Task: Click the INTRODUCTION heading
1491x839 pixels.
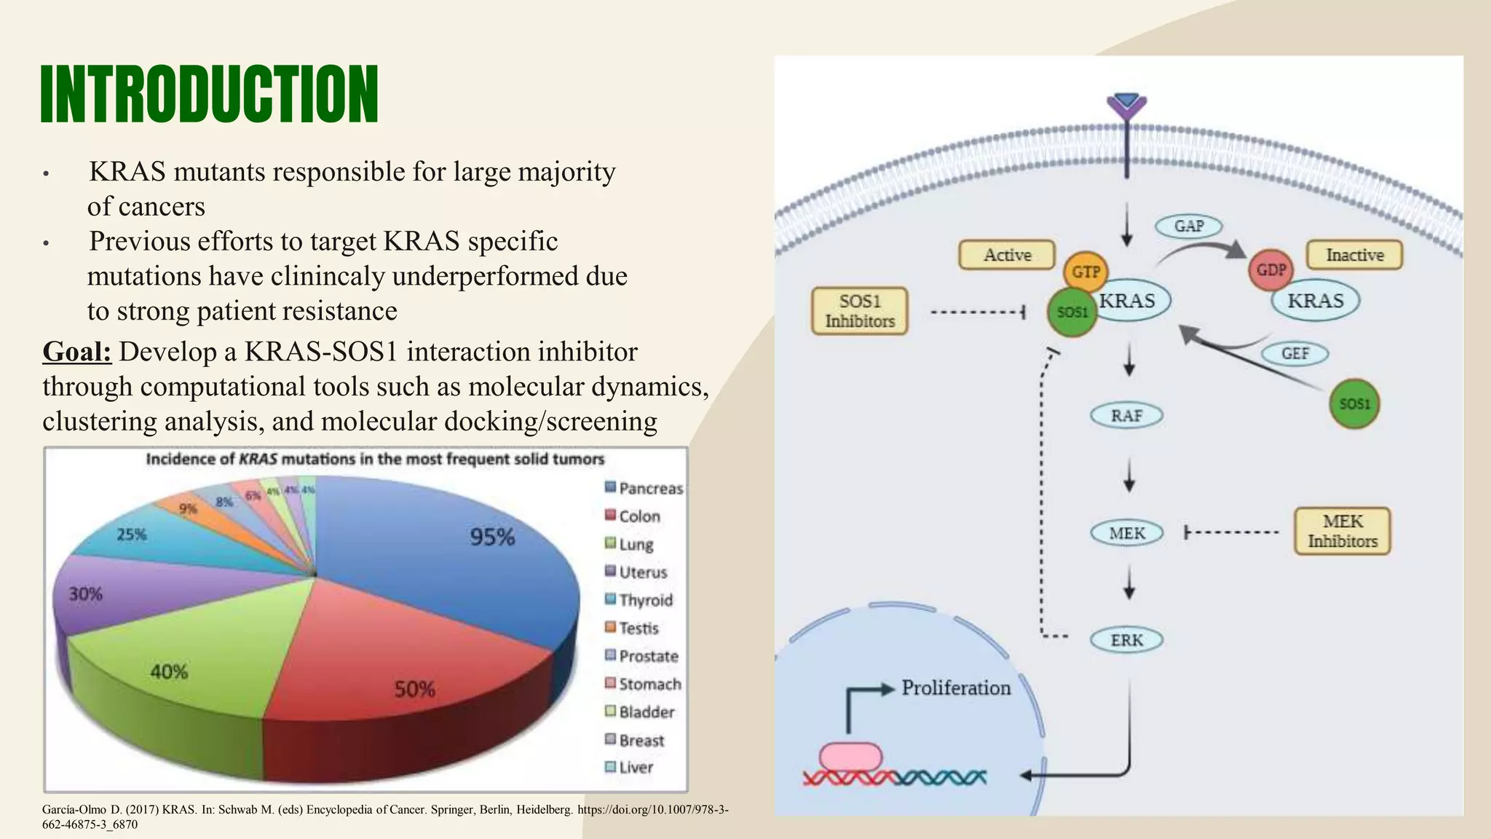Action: coord(210,95)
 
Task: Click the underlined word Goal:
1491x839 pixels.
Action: coord(77,352)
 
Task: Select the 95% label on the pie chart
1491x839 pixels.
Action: coord(492,537)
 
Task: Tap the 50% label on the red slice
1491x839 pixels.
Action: coord(415,689)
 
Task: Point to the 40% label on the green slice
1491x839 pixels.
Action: coord(169,671)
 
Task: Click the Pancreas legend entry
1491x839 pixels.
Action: coord(644,488)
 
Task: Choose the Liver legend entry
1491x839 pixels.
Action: coord(630,767)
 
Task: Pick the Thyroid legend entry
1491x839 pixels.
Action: coord(639,600)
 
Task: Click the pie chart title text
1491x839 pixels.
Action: coord(375,460)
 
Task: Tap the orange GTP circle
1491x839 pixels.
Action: coord(1085,272)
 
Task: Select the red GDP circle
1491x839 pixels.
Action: coord(1271,270)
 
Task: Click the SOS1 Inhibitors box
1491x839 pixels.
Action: coord(860,311)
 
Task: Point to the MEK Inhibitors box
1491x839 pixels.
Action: coord(1342,532)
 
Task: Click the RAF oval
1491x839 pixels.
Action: coord(1126,416)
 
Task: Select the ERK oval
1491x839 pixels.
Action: coord(1126,640)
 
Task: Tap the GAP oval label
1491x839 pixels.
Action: coord(1188,227)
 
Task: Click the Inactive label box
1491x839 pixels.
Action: coord(1354,256)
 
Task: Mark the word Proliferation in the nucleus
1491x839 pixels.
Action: coord(956,688)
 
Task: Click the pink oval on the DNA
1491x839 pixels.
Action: coord(850,757)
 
